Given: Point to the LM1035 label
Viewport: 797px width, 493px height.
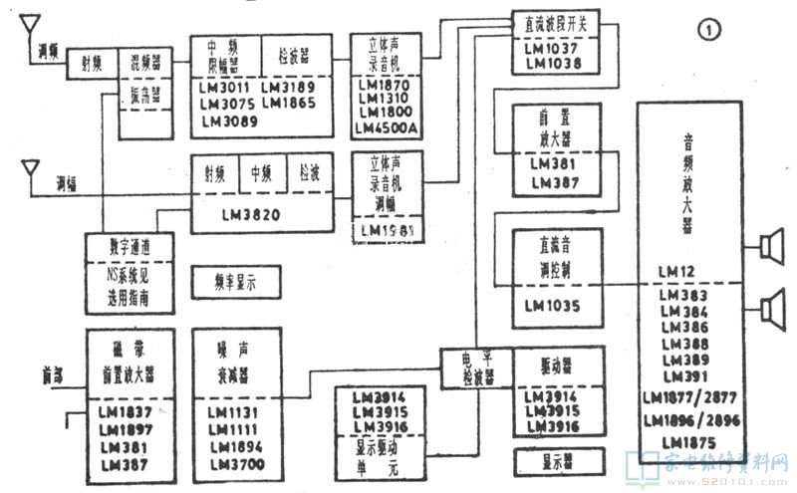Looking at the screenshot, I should pos(547,306).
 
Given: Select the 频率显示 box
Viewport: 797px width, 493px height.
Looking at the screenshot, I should pos(235,283).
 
